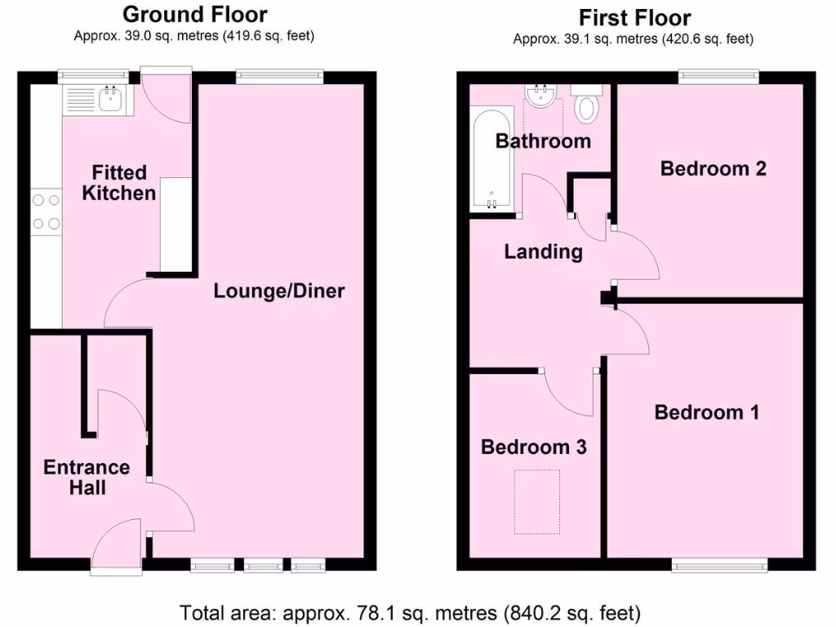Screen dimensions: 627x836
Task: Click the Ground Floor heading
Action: (194, 14)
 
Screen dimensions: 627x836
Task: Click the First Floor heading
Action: (634, 17)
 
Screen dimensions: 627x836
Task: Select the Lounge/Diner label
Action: (279, 291)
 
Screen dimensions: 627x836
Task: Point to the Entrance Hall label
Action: (87, 478)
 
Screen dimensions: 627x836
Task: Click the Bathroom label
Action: (543, 141)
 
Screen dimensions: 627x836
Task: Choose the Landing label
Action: (543, 251)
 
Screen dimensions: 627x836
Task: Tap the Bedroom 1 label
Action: (706, 412)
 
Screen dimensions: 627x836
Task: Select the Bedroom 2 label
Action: (713, 169)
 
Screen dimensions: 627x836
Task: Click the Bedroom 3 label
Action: (533, 447)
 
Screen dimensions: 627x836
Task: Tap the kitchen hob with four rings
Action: (47, 210)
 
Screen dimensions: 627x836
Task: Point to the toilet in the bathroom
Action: (586, 103)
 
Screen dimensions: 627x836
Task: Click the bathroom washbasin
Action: (540, 97)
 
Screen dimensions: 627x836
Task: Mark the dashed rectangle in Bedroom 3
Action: (536, 501)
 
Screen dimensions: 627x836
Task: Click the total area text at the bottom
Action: (410, 611)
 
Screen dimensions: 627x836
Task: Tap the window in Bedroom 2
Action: (718, 77)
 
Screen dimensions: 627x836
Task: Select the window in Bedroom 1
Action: (719, 563)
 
